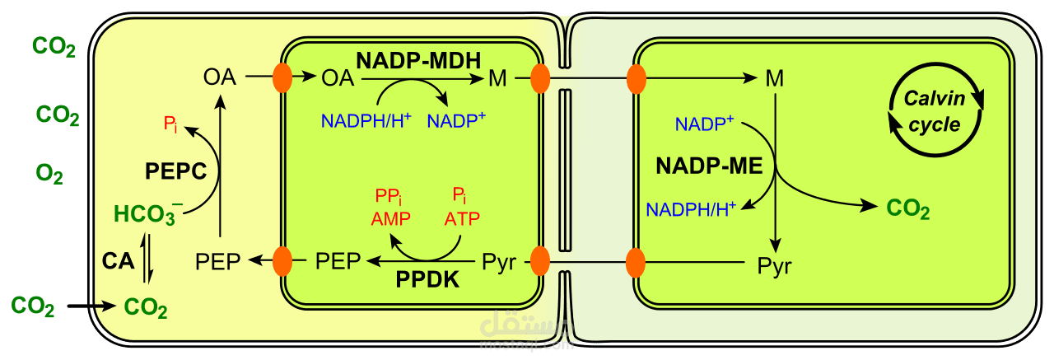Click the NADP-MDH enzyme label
(x=418, y=60)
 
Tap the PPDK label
(x=427, y=280)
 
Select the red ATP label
(x=461, y=220)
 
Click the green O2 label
(x=49, y=173)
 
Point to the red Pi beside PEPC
(x=171, y=124)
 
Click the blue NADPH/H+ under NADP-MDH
(x=366, y=121)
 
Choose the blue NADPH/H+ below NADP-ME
(x=691, y=209)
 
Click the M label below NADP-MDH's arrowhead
(x=497, y=79)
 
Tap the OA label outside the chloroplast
(x=220, y=78)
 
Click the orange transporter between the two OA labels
(x=282, y=78)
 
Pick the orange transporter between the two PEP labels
(x=282, y=261)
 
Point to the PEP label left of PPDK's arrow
(x=338, y=262)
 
